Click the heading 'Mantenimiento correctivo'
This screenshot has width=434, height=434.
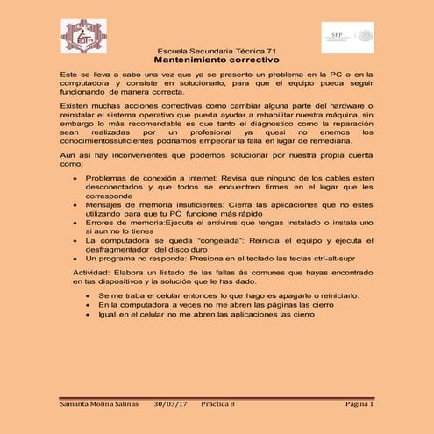tap(216, 62)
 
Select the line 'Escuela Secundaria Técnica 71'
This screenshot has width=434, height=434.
tap(216, 53)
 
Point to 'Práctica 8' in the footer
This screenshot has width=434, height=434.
tap(219, 405)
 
